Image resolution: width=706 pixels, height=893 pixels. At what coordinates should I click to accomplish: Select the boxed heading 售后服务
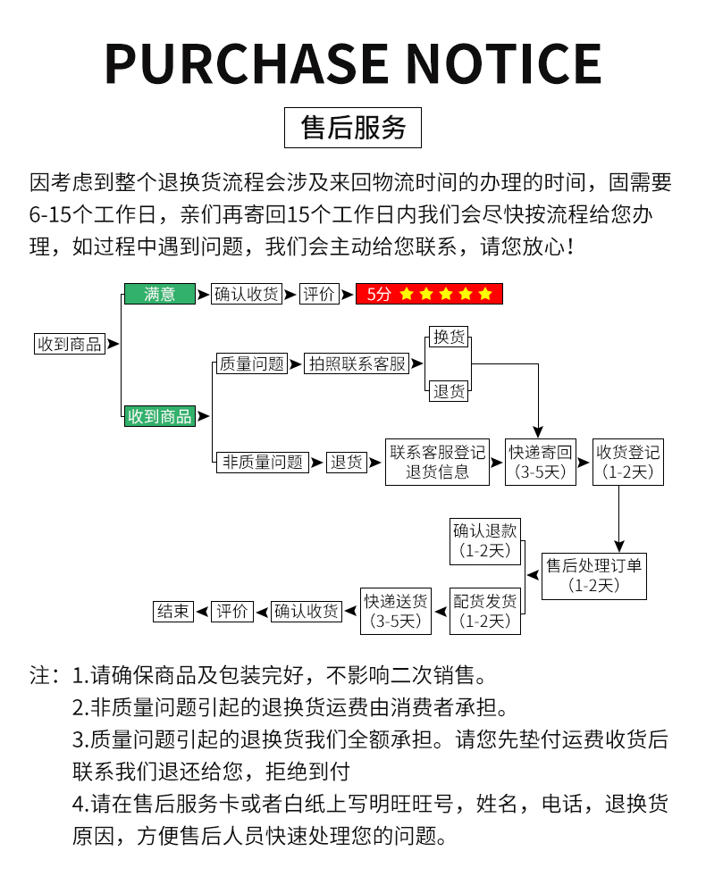(x=353, y=128)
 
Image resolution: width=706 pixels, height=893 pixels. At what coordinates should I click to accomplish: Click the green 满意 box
(x=159, y=294)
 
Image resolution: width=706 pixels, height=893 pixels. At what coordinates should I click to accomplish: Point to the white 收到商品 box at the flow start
(x=69, y=344)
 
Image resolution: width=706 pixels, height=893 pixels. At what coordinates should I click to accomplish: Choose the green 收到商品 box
(x=159, y=416)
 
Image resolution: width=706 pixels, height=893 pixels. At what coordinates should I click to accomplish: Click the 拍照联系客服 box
(x=357, y=363)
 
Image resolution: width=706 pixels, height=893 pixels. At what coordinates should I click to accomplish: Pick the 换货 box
(x=450, y=337)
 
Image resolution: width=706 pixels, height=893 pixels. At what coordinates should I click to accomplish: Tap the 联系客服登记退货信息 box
(x=438, y=462)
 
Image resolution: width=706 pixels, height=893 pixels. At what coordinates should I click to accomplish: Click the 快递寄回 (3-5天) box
(x=541, y=462)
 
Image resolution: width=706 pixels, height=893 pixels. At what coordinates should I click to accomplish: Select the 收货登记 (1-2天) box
(x=628, y=462)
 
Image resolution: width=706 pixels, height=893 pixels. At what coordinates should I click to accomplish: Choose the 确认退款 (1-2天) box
(x=485, y=540)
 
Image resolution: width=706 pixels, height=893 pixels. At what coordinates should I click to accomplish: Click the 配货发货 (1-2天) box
(x=485, y=611)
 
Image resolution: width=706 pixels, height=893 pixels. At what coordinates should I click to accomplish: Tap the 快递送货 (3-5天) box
(x=395, y=611)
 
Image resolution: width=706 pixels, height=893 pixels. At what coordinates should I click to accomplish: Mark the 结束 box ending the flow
(x=173, y=612)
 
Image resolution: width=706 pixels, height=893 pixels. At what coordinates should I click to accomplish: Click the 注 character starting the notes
(x=41, y=675)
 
